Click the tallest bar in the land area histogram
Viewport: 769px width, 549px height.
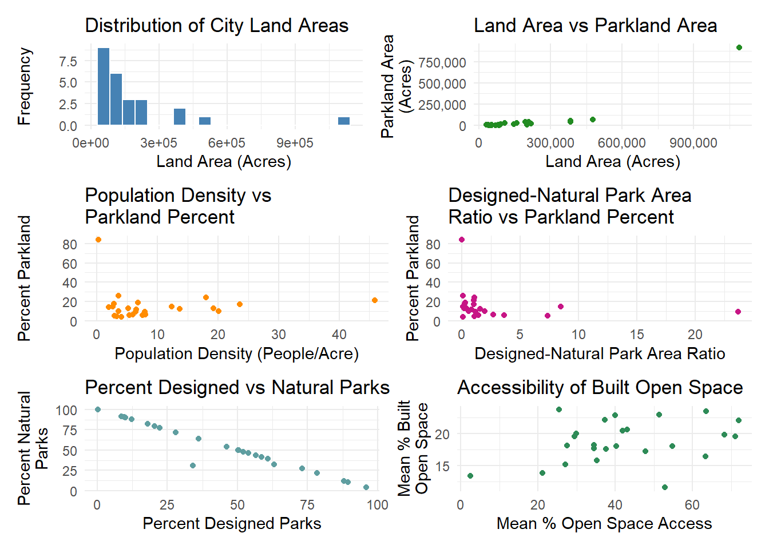point(104,86)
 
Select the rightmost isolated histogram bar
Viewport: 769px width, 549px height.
point(344,121)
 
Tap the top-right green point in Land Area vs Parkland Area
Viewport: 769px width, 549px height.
point(739,47)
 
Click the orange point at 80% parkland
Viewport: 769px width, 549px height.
point(98,240)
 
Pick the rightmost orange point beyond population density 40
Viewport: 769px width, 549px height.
point(375,300)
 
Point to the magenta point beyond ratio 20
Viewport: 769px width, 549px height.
point(738,312)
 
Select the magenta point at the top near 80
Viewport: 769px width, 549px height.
point(462,240)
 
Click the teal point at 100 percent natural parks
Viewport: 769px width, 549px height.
point(98,409)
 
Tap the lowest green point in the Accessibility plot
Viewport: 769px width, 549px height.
point(665,487)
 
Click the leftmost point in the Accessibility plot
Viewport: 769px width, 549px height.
point(470,476)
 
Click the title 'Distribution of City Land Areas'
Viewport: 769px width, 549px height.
point(217,26)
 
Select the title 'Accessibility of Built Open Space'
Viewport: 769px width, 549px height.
point(600,388)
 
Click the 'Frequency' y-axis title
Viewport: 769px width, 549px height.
point(24,86)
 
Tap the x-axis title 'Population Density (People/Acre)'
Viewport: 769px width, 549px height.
point(236,354)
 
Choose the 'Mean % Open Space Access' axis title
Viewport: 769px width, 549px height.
point(604,524)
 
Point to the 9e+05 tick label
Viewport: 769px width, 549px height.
point(295,143)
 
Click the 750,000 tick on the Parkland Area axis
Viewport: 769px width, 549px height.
point(442,62)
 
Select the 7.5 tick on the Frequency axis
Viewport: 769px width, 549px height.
point(68,61)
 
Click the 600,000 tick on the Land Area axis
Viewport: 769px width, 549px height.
point(622,143)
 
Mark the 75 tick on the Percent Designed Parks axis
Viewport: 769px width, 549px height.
point(307,505)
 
